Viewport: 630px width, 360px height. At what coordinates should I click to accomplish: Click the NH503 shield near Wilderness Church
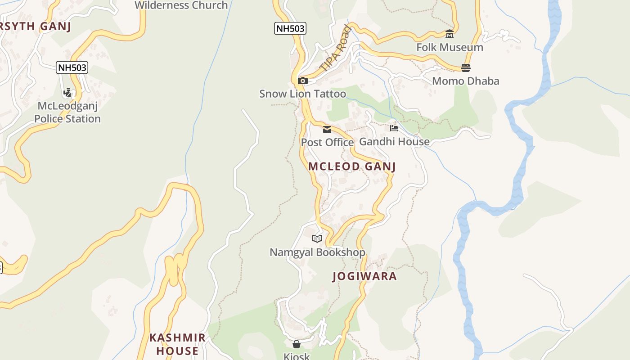tap(290, 28)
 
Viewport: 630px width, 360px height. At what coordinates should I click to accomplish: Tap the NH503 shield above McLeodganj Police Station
tap(72, 68)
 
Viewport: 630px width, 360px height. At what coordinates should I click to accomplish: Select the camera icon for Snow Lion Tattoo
tap(303, 81)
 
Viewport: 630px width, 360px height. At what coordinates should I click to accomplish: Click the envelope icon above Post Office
tap(327, 130)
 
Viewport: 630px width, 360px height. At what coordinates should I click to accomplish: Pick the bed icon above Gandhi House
tap(394, 128)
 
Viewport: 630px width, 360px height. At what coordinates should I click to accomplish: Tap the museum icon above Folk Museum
tap(449, 34)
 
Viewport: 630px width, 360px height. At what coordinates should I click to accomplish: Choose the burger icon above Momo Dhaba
tap(465, 68)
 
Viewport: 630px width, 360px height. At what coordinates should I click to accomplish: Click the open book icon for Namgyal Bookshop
tap(317, 238)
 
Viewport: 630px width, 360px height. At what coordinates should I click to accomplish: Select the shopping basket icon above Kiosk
tap(296, 344)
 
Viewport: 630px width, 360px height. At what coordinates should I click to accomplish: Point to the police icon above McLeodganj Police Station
tap(67, 93)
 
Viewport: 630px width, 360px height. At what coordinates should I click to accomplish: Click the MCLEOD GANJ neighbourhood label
tap(352, 166)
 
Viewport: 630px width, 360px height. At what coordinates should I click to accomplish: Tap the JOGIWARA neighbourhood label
tap(364, 276)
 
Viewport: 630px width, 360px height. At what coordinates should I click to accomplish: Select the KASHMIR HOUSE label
tap(177, 344)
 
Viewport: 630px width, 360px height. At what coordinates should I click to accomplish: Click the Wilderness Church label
tap(181, 5)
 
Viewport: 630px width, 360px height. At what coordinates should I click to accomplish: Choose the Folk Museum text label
tap(450, 47)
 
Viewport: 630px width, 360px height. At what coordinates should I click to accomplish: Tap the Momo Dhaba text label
tap(466, 81)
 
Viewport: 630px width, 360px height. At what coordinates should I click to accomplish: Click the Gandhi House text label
tap(394, 142)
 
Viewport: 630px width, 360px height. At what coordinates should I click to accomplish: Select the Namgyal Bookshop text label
tap(317, 252)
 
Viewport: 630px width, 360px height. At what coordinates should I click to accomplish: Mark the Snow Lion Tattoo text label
tap(302, 94)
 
